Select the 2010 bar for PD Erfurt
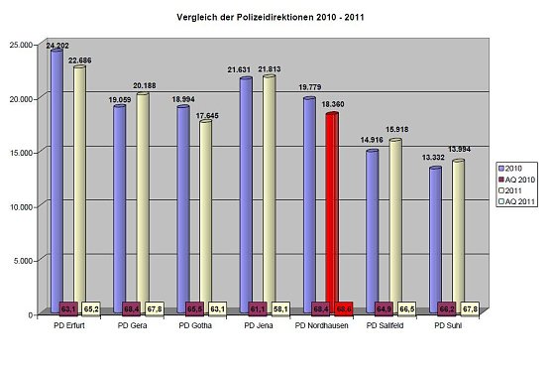click(56, 179)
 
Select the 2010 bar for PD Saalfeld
click(372, 228)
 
